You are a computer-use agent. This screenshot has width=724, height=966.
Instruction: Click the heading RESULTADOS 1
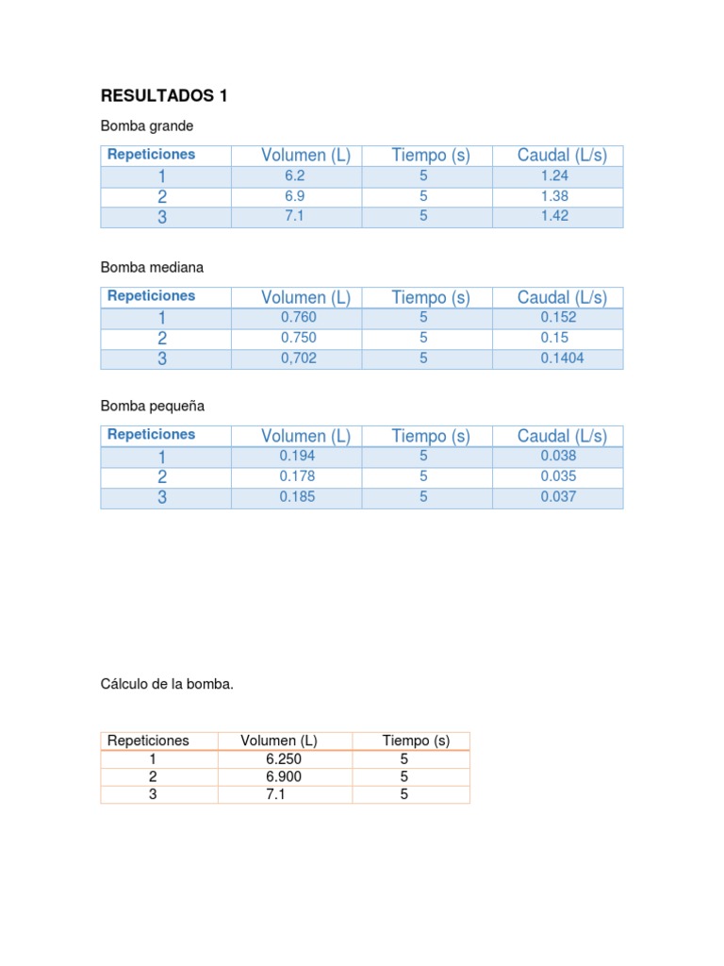[164, 96]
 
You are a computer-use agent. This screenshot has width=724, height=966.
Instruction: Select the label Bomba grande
[147, 125]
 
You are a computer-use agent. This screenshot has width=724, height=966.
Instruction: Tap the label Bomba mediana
[152, 267]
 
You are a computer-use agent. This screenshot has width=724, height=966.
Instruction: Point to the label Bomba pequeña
[153, 406]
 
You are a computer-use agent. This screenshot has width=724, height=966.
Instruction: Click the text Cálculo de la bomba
[167, 684]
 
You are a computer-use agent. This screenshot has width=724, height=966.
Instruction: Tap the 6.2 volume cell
[295, 175]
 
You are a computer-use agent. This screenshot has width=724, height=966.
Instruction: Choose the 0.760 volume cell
[298, 317]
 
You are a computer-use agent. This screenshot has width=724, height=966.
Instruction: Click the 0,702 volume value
[298, 358]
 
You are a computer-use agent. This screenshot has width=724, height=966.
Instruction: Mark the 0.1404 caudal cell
[562, 358]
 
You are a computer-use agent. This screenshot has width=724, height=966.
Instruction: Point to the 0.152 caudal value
[559, 317]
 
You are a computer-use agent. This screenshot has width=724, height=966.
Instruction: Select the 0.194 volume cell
[298, 456]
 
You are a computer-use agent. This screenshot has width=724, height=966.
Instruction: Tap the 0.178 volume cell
[298, 476]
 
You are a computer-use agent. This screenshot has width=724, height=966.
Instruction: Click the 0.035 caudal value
[558, 476]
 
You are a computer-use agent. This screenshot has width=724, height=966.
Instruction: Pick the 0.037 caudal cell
[558, 497]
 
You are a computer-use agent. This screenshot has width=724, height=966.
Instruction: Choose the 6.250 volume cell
[284, 758]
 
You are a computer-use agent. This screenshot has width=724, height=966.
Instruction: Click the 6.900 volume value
[284, 776]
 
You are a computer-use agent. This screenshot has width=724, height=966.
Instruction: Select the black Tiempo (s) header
[416, 741]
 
